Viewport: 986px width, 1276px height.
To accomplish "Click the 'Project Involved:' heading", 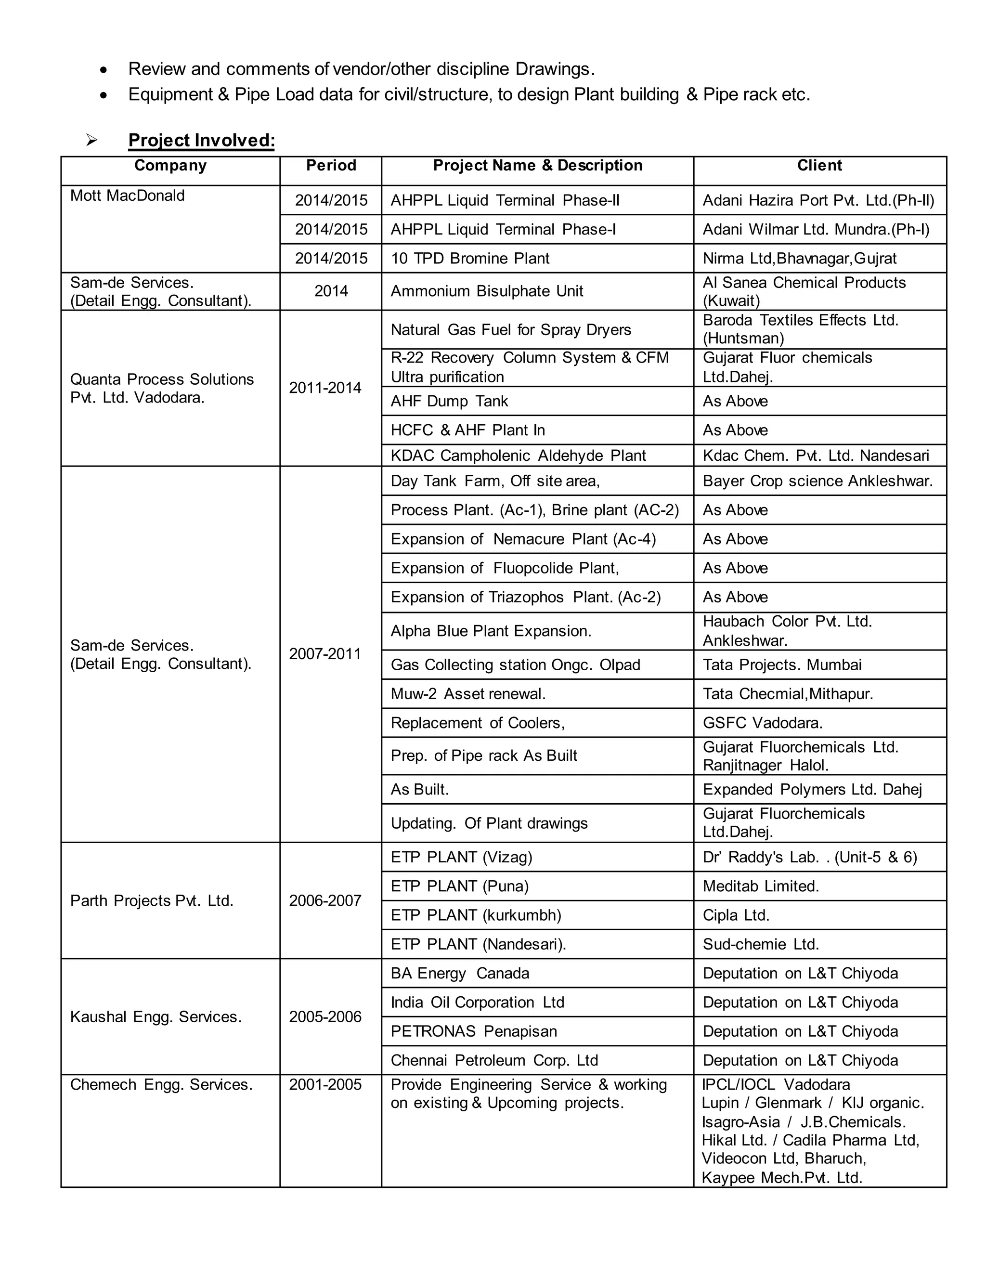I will pos(201,140).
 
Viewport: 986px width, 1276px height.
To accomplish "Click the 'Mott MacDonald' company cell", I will pos(127,195).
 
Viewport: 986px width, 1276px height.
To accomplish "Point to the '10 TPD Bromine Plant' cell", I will pos(469,258).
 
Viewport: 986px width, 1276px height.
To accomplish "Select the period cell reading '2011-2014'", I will pos(325,388).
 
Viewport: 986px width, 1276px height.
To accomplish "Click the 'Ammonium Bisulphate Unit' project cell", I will pos(487,291).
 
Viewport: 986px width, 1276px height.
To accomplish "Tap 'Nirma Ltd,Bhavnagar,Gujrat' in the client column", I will pos(799,258).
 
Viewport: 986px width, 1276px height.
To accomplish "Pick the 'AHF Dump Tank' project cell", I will pos(449,402).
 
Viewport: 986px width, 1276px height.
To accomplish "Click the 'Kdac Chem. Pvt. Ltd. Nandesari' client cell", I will pos(816,456).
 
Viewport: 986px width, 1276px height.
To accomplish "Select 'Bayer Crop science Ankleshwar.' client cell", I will pos(817,481).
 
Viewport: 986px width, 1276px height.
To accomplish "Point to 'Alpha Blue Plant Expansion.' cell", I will pos(491,631).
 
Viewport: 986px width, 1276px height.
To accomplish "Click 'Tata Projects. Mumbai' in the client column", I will pos(781,665).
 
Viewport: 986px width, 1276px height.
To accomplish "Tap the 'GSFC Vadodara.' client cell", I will pos(762,723).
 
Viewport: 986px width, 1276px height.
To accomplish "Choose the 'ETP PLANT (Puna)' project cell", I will pos(459,886).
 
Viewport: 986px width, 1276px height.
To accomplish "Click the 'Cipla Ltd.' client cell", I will pos(736,915).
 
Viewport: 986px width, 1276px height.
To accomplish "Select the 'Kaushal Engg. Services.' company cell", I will pos(156,1017).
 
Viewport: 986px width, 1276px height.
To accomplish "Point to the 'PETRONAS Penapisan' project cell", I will pos(474,1032).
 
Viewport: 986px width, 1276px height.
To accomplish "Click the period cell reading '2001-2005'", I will pos(325,1085).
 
